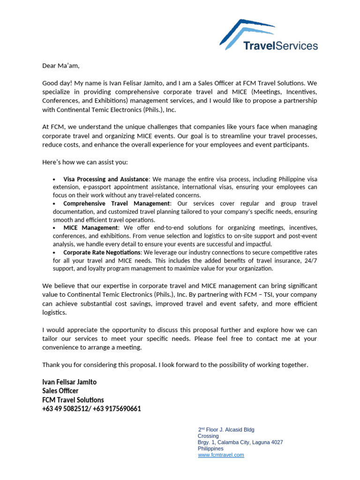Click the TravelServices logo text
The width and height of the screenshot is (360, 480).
coord(280,45)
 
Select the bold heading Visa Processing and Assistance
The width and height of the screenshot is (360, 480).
coord(105,179)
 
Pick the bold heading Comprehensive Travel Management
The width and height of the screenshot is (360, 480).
coord(116,203)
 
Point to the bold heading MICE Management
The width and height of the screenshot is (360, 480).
coord(91,228)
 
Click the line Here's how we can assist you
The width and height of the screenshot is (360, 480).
coord(85,162)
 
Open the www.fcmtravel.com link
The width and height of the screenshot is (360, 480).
coord(221,455)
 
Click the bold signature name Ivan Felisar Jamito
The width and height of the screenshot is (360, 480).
coord(69,382)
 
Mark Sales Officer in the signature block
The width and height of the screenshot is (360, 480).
coord(60,390)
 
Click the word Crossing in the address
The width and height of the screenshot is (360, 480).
coord(208,436)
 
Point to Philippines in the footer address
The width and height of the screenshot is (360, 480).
coord(210,449)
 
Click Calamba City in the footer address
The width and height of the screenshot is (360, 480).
coord(232,442)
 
